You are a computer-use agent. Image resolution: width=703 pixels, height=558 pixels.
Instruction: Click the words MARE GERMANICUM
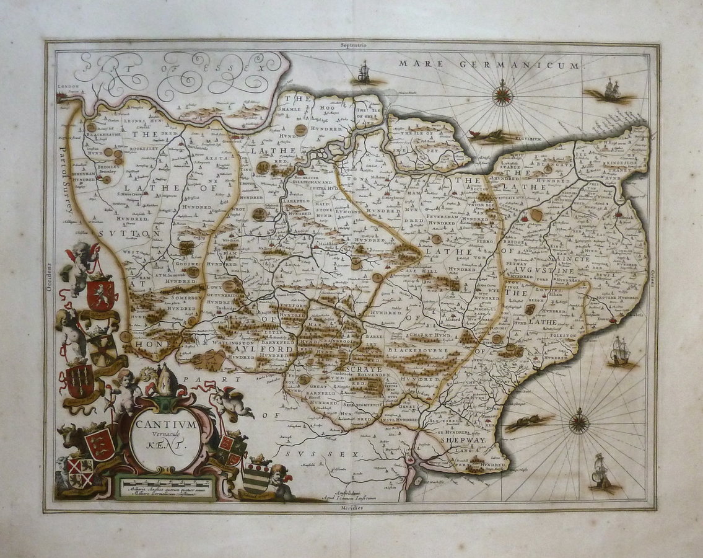[x=489, y=64]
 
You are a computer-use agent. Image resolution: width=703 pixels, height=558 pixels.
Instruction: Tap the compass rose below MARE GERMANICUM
[x=502, y=95]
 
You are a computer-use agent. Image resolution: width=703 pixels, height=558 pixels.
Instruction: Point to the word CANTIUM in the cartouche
[x=165, y=425]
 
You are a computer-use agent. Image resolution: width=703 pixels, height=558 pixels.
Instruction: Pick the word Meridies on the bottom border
[x=354, y=507]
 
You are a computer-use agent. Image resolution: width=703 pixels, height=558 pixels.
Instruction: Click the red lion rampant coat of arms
[x=101, y=294]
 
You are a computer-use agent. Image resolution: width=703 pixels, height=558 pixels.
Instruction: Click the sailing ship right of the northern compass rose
[x=610, y=91]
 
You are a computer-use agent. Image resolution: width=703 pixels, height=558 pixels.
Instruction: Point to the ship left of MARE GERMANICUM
[x=363, y=73]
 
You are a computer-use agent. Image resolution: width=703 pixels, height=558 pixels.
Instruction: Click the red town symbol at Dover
[x=613, y=320]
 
